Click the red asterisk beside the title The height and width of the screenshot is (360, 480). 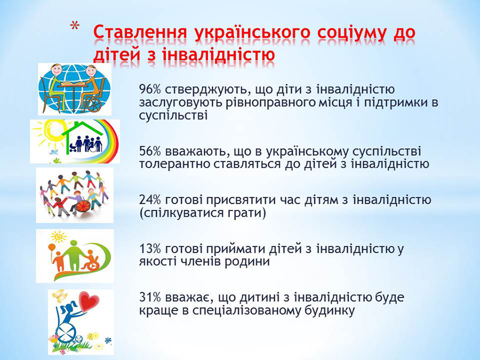[x=74, y=27]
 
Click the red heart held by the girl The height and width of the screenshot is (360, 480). [x=89, y=301]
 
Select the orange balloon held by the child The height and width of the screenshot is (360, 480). [x=52, y=247]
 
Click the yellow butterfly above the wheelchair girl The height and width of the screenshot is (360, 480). [x=59, y=294]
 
